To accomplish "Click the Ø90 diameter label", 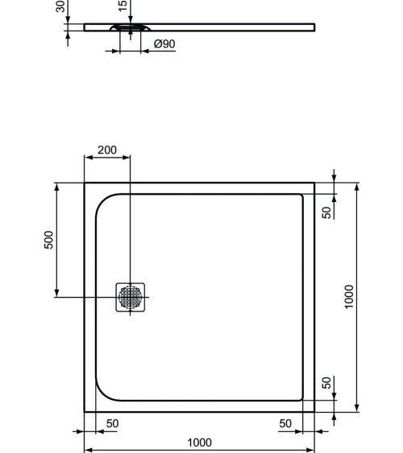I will coord(164,44).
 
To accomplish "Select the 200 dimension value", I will coord(107,150).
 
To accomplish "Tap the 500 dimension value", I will coord(49,239).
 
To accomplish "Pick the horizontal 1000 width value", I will coord(199,443).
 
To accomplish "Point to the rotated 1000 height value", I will coord(349,296).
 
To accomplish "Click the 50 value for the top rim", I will coord(326,212).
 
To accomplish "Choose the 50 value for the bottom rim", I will coord(326,383).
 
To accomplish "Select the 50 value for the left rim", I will coord(113,423).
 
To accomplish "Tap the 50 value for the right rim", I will coord(286,423).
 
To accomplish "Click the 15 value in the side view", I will coord(123,6).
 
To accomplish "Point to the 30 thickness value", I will coord(60,6).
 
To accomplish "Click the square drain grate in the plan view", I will coord(131,297).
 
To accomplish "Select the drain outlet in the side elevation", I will coord(129,30).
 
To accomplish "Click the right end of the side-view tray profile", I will coord(313,27).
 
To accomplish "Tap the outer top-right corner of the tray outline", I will coord(314,183).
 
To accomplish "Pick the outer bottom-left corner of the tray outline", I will coord(85,411).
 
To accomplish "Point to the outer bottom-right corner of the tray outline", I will coord(314,411).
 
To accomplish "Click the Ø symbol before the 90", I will coord(157,44).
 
